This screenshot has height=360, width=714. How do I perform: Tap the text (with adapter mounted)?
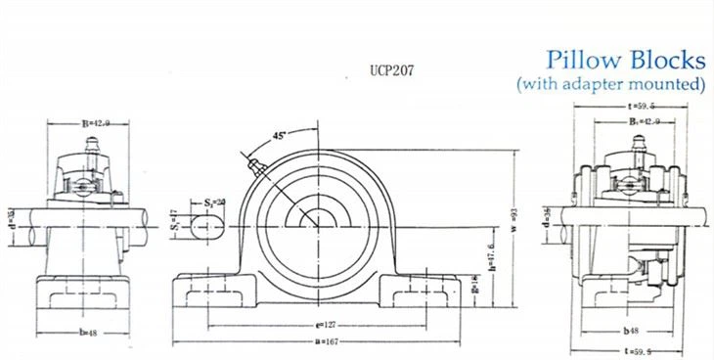pyautogui.click(x=611, y=85)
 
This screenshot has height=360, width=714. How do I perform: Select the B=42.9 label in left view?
pyautogui.click(x=95, y=122)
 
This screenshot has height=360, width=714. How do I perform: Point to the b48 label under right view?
pyautogui.click(x=634, y=330)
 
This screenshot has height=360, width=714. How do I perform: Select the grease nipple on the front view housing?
pyautogui.click(x=255, y=165)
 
